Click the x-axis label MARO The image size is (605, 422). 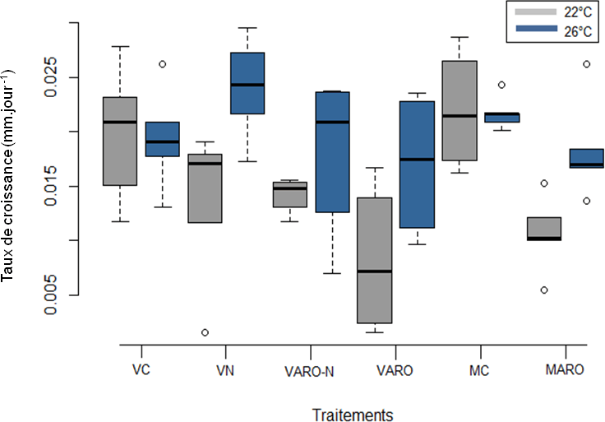click(x=564, y=370)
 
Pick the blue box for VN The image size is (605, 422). click(x=247, y=83)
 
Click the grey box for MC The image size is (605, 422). click(x=459, y=110)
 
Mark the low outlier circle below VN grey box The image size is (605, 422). click(x=205, y=332)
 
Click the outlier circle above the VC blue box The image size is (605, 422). click(x=163, y=64)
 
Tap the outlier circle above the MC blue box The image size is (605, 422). click(x=501, y=85)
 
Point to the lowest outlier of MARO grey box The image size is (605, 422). click(x=543, y=290)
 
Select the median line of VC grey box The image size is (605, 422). click(x=120, y=122)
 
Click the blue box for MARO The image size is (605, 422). click(x=586, y=158)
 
